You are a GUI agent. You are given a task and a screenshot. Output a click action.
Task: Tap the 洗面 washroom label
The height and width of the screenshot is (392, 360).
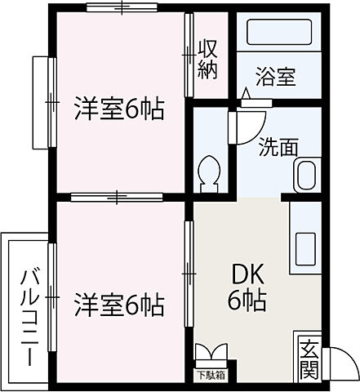278,149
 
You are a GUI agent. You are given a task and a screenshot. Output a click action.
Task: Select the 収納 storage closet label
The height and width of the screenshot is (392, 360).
208,60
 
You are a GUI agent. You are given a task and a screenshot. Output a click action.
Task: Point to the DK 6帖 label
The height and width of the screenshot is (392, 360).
246,288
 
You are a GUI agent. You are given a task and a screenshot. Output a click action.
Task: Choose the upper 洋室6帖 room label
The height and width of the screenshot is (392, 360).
120,109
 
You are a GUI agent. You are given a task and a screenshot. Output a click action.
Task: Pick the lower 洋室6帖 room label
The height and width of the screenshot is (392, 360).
120,306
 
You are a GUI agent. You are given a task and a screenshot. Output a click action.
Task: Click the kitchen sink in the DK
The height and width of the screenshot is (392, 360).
307,245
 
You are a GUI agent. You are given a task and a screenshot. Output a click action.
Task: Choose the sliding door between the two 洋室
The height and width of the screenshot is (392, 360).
119,196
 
